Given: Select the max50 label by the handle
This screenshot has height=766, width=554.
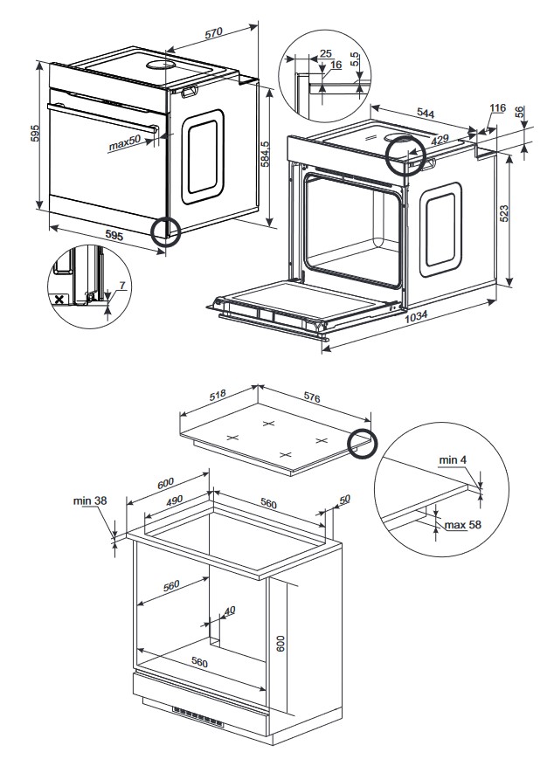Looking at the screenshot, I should click(x=124, y=143).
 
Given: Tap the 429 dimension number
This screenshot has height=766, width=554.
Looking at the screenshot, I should click(x=440, y=141).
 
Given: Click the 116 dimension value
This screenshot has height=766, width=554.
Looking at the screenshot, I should click(x=497, y=108).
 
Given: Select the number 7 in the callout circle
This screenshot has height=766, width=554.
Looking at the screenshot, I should click(x=123, y=286).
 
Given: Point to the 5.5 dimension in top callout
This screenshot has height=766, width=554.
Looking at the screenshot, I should click(x=353, y=60).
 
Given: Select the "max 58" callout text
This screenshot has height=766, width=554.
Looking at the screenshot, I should click(x=463, y=525).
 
